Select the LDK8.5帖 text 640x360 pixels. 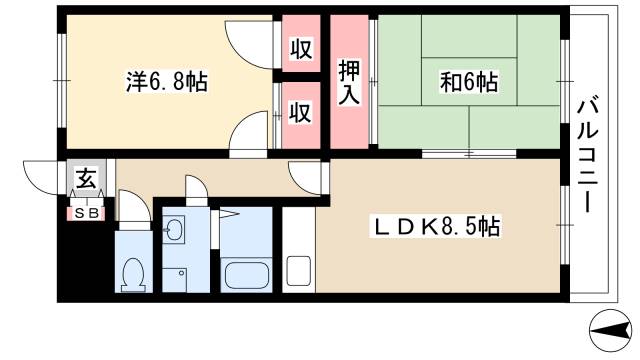pos(437,229)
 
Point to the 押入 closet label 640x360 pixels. pos(348,83)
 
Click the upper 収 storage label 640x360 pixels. pos(299,47)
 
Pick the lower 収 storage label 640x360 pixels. pos(299,112)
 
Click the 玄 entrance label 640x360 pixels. pos(86,181)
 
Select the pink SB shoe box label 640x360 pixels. pos(86,212)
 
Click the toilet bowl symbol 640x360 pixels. pos(132,271)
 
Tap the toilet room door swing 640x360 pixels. pos(133,211)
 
